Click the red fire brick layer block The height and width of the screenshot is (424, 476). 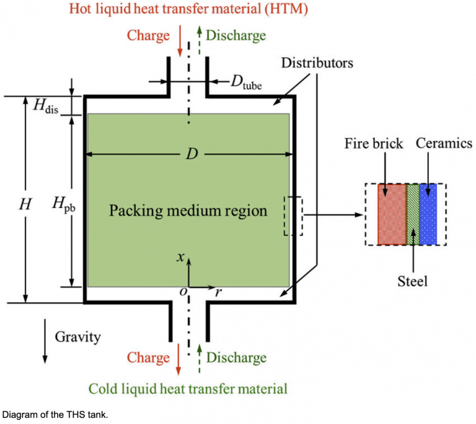pos(392,214)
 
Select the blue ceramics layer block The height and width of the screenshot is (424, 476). pos(428,214)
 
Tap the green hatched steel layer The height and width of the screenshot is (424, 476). pos(413,214)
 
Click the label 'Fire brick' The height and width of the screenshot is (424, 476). pos(374,144)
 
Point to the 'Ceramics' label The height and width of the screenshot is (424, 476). pos(444,144)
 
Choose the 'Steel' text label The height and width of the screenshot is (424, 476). pos(412,282)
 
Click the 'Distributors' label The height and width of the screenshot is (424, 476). pos(317,63)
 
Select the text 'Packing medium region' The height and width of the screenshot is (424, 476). pos(188,211)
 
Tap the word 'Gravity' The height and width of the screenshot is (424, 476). pos(77,337)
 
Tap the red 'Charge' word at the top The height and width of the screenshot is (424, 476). pos(148,35)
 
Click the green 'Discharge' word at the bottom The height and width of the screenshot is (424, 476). pos(236,358)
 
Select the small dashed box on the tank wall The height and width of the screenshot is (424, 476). pos(293,215)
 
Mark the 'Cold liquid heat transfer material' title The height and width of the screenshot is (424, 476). pos(188,389)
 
